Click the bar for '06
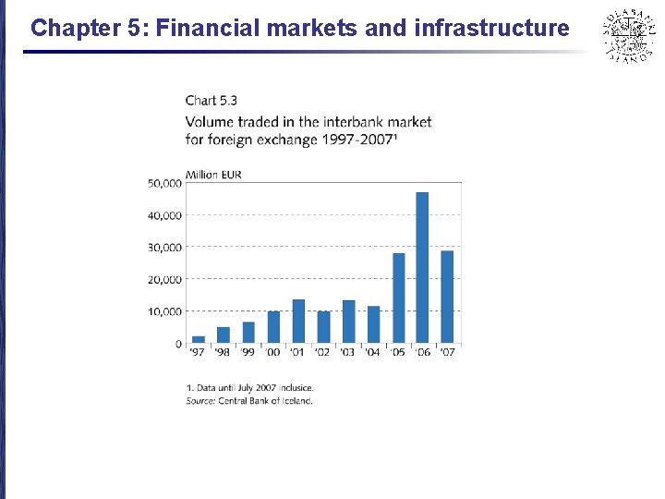[422, 268]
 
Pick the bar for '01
[298, 322]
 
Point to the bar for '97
[199, 340]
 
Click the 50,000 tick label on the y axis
[164, 183]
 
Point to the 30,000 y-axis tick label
[164, 248]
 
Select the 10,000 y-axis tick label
[164, 311]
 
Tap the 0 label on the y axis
[177, 344]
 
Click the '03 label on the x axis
[348, 353]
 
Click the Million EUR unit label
[213, 175]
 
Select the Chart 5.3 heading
[212, 100]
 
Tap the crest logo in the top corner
[627, 34]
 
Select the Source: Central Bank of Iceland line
[249, 400]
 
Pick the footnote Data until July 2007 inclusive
[250, 387]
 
